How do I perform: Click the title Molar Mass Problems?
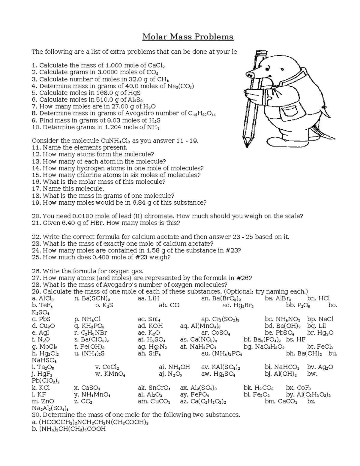(x=188, y=37)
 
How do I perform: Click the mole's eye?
(x=282, y=69)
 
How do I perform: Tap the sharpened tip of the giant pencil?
(x=247, y=145)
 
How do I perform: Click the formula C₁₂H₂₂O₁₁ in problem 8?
(x=202, y=114)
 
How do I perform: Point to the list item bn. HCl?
(x=319, y=299)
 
